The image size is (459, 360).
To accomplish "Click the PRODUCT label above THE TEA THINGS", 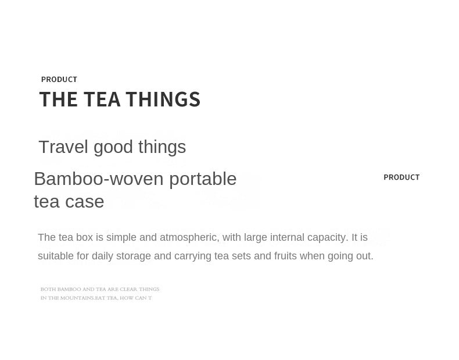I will (59, 79).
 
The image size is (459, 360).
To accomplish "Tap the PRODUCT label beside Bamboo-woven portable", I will (401, 177).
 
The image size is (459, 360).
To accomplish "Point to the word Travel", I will (63, 147).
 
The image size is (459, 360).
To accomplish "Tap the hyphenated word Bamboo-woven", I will (98, 179).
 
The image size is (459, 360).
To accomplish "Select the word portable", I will (203, 179).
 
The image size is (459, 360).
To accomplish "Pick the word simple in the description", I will (122, 237).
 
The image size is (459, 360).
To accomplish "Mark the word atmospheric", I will (188, 237).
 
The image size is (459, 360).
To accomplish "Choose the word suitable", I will (56, 256).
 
